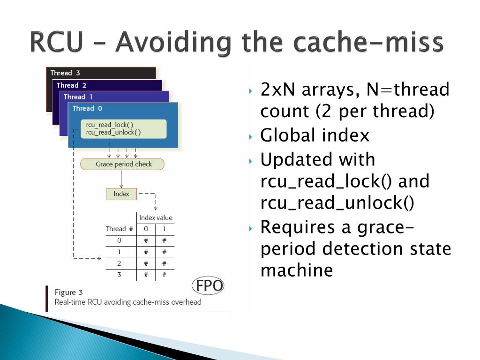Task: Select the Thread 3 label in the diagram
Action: (x=65, y=73)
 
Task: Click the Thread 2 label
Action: (x=71, y=85)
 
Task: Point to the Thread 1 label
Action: (x=78, y=97)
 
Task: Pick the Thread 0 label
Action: (x=87, y=108)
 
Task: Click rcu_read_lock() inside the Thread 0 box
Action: (x=110, y=125)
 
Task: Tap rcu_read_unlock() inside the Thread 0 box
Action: (x=113, y=132)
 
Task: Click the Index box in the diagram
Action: (x=121, y=194)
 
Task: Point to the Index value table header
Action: (x=156, y=217)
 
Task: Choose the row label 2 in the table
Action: (x=119, y=263)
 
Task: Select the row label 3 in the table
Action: (x=119, y=275)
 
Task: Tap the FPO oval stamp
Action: (x=208, y=286)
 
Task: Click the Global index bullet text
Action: (x=315, y=135)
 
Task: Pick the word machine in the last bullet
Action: (x=296, y=270)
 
